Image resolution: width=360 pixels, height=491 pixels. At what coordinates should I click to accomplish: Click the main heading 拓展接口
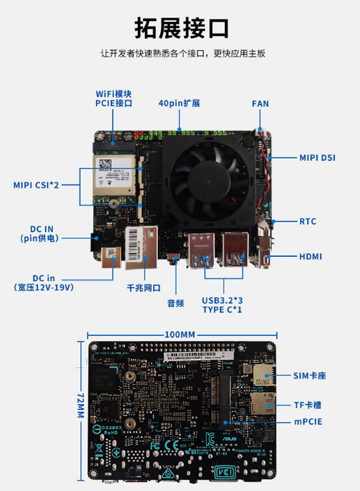click(181, 28)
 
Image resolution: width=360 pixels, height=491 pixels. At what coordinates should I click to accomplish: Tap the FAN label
click(260, 104)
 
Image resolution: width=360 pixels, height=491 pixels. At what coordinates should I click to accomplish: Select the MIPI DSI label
click(317, 158)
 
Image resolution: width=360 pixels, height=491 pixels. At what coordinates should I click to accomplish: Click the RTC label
click(308, 221)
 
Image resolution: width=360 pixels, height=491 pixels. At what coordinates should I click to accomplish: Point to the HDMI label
click(310, 257)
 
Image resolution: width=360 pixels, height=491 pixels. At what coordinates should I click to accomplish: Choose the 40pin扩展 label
click(179, 103)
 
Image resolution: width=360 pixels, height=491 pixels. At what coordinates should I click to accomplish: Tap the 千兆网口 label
click(144, 288)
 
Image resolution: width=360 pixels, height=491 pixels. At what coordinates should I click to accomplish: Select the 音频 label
click(175, 303)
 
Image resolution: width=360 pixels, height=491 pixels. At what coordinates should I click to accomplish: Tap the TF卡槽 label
click(307, 405)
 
